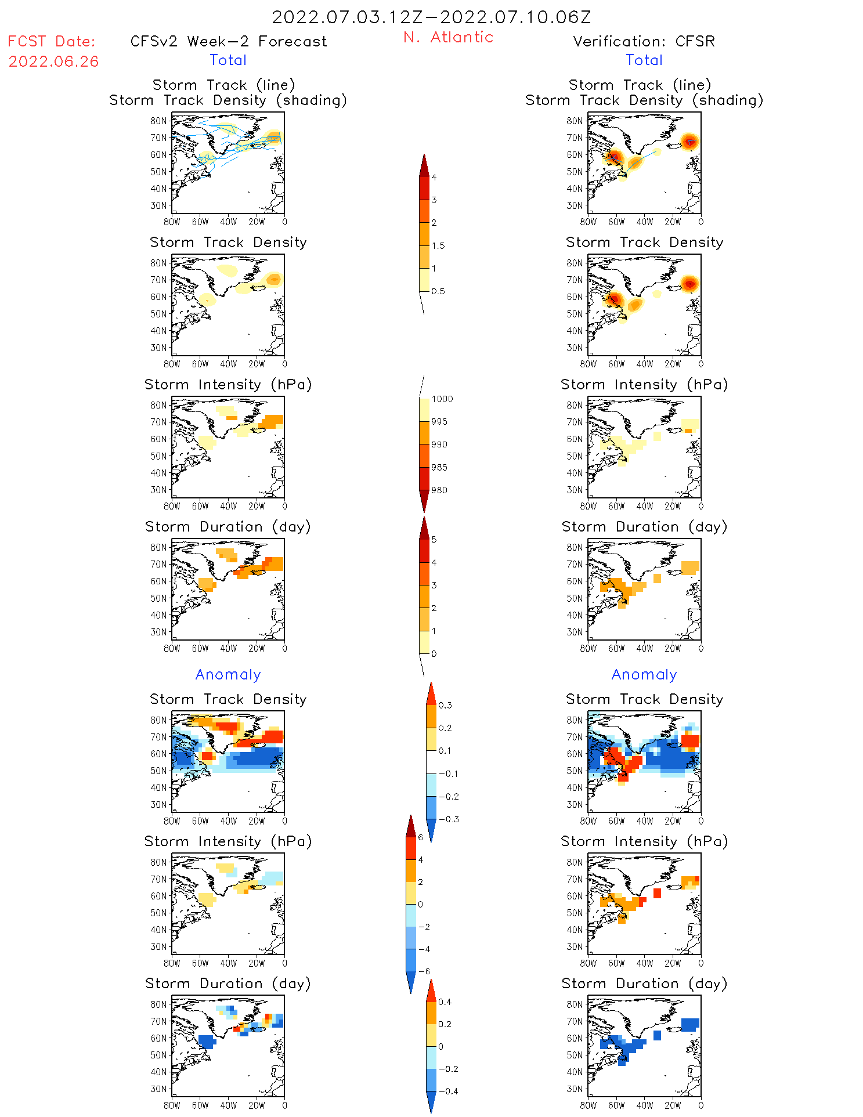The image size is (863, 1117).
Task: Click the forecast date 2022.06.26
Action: (x=53, y=62)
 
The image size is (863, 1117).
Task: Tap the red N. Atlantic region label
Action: (x=448, y=37)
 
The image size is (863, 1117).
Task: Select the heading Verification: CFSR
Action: (x=644, y=41)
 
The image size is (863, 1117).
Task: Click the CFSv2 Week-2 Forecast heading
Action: (x=228, y=41)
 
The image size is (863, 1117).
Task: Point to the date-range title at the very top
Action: (x=431, y=17)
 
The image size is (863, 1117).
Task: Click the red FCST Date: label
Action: (x=51, y=41)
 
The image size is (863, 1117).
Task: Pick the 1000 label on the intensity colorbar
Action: (x=442, y=399)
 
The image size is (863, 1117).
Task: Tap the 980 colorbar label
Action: (x=439, y=490)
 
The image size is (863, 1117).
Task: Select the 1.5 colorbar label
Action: (x=438, y=245)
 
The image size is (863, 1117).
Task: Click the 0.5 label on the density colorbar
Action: (x=438, y=291)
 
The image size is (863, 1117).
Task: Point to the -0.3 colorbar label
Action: (x=448, y=819)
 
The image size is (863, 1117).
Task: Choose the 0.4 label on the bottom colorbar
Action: (x=445, y=1002)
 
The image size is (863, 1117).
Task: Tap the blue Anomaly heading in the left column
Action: (x=228, y=674)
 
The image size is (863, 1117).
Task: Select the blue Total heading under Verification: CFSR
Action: (x=644, y=60)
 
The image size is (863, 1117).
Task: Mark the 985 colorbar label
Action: (x=439, y=467)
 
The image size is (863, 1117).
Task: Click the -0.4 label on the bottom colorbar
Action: (x=447, y=1091)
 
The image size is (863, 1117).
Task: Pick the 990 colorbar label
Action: (x=439, y=444)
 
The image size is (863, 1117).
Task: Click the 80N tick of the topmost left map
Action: (x=158, y=121)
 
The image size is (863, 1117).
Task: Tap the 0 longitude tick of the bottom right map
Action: (x=700, y=1105)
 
